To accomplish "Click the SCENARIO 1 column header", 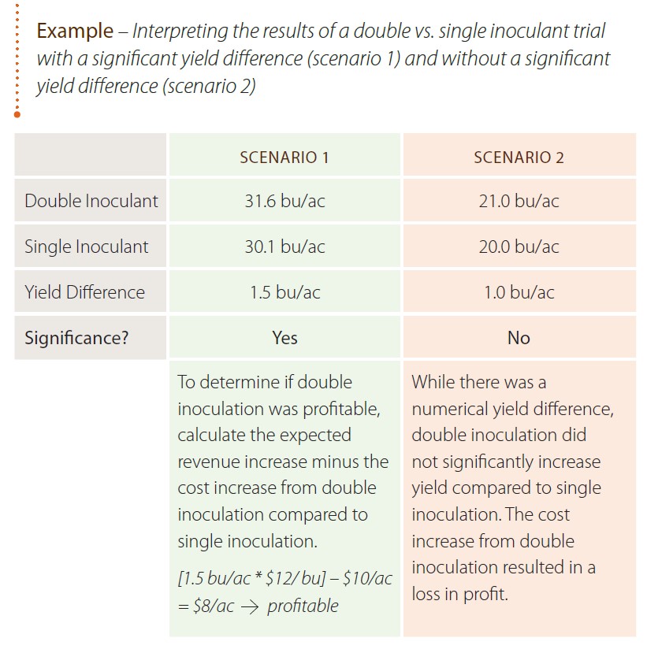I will click(x=284, y=157).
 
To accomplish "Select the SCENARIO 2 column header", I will click(x=519, y=157).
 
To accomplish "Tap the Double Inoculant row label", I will click(x=91, y=201).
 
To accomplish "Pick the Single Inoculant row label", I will click(x=86, y=247).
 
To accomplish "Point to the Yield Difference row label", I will click(x=84, y=292).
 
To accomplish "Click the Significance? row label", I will click(x=76, y=338).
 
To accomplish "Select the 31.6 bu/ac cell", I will click(x=284, y=201).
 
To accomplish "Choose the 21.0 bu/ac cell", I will click(x=519, y=201).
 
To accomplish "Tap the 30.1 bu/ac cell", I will click(x=284, y=247).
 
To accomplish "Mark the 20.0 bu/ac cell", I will click(x=519, y=247).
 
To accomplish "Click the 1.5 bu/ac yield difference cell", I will click(x=284, y=292).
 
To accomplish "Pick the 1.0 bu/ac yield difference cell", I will click(x=519, y=292).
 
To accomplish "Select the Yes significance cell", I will click(x=284, y=338).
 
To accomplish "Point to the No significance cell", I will click(x=519, y=338).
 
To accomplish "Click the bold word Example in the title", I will click(x=75, y=32).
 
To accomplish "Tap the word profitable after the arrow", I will click(x=303, y=606).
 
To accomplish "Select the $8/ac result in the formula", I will click(x=212, y=606).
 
